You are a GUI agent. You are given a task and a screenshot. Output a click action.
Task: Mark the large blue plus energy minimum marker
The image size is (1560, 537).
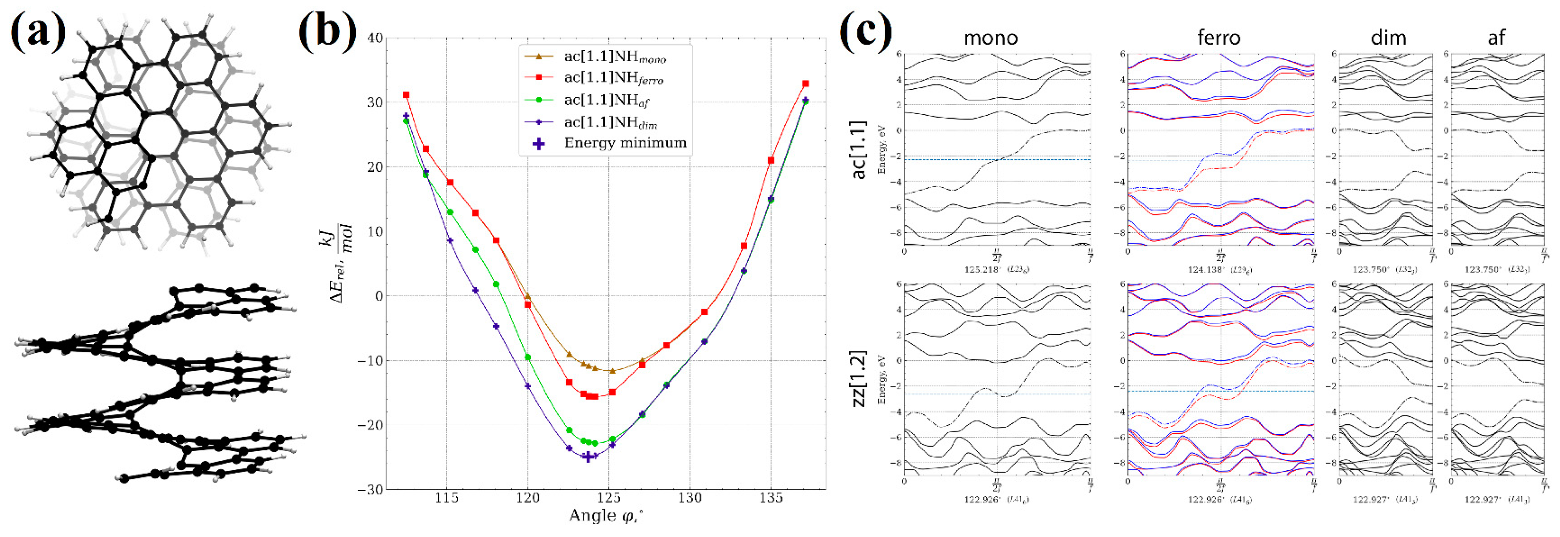[x=587, y=457]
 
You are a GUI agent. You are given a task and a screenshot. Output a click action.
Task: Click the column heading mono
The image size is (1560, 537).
[x=991, y=38]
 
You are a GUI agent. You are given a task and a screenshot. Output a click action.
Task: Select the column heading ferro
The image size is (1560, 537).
[x=1219, y=38]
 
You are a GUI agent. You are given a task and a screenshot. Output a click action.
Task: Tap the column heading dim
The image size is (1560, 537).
[x=1388, y=38]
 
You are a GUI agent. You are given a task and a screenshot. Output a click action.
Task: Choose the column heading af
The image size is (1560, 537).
[x=1496, y=38]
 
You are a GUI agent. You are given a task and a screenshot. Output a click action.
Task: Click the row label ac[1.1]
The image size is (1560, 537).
[x=859, y=149]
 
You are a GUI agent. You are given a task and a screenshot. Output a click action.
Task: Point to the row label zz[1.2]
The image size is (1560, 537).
[x=859, y=378]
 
